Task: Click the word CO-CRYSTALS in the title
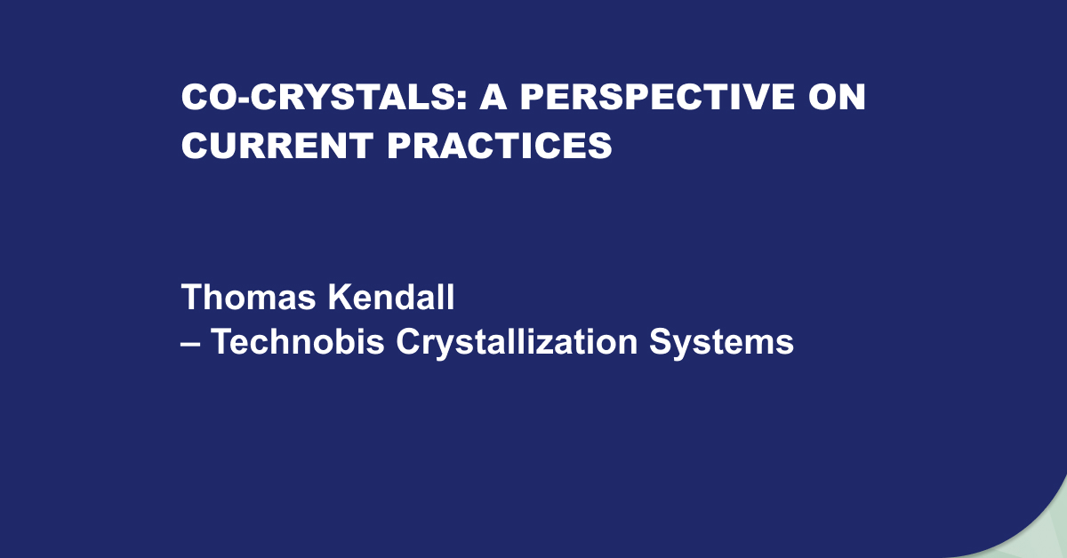point(318,97)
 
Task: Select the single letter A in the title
point(493,97)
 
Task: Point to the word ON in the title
point(837,97)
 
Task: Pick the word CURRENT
point(277,145)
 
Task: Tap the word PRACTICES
point(500,145)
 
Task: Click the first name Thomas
point(248,297)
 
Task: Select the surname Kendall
point(391,297)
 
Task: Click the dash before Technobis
point(190,344)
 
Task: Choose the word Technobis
point(298,341)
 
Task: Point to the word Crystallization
point(517,343)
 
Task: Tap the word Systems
point(722,343)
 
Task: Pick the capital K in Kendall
point(341,297)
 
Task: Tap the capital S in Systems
point(662,341)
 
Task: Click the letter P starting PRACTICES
point(399,145)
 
